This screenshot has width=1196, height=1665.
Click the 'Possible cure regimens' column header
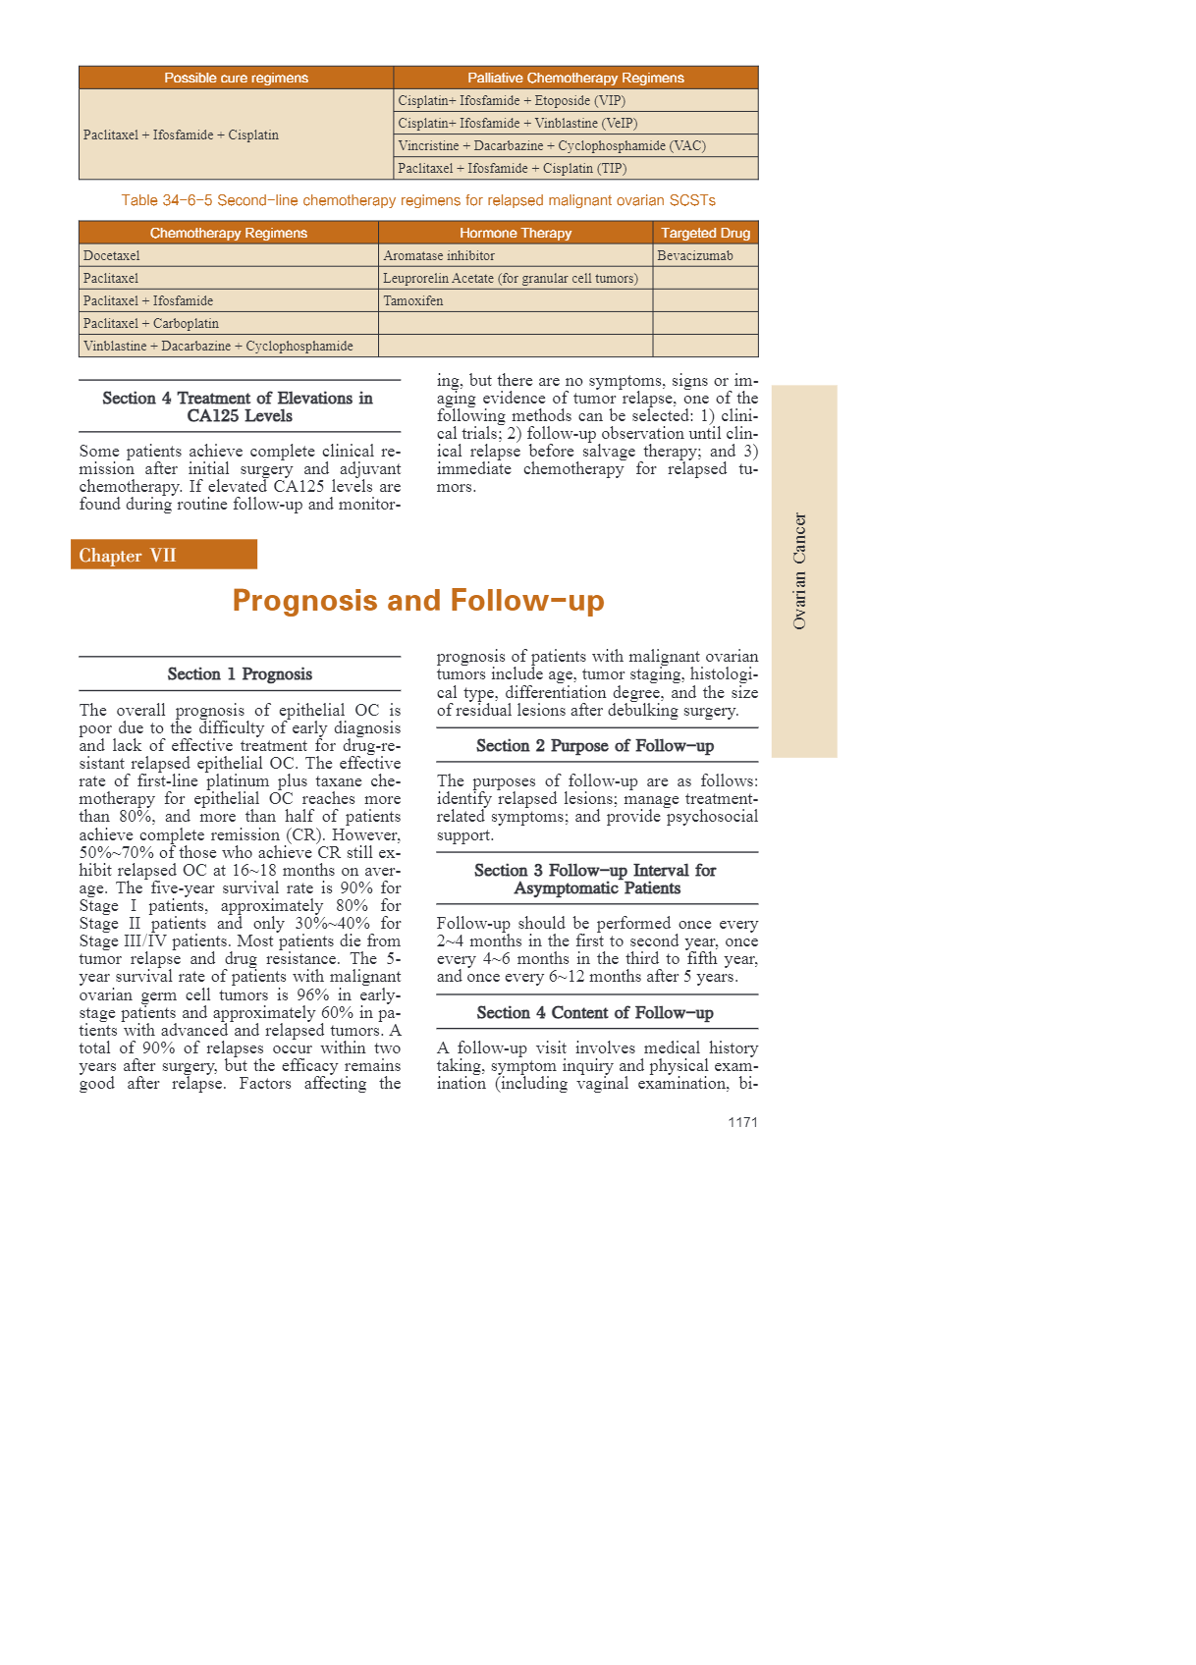tap(236, 78)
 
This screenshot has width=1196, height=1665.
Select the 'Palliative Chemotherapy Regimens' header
tap(575, 78)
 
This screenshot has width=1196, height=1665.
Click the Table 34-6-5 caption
tap(418, 200)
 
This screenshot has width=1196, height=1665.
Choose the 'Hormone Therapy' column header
tap(515, 233)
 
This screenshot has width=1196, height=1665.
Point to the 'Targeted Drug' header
tap(705, 233)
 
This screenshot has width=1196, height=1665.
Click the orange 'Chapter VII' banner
tap(163, 555)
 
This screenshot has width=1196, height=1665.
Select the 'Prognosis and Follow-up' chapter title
tap(418, 600)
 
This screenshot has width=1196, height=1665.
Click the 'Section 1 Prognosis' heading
tap(240, 673)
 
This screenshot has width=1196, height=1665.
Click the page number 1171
tap(742, 1122)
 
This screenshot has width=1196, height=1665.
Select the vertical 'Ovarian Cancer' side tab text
tap(799, 570)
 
